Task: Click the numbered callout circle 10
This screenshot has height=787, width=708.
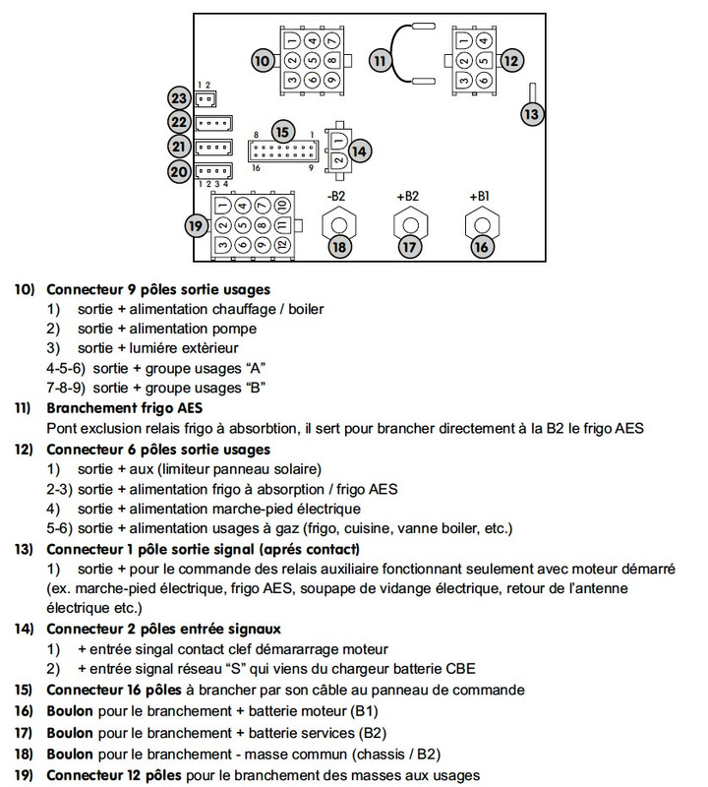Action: [263, 60]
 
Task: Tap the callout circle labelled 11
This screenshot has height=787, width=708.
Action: [381, 60]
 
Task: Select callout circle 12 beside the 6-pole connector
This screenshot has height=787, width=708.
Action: [509, 60]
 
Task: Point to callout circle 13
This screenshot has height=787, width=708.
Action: [532, 113]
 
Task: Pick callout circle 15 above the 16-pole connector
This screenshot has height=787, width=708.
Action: [283, 132]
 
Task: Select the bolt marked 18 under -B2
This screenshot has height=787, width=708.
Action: [339, 247]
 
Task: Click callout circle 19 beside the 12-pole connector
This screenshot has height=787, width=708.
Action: [197, 225]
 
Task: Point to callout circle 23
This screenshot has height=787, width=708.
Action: [179, 98]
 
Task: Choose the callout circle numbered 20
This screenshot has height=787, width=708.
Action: [179, 171]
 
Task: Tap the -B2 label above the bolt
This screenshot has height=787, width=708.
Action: [338, 196]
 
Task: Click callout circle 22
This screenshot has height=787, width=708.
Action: [179, 122]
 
